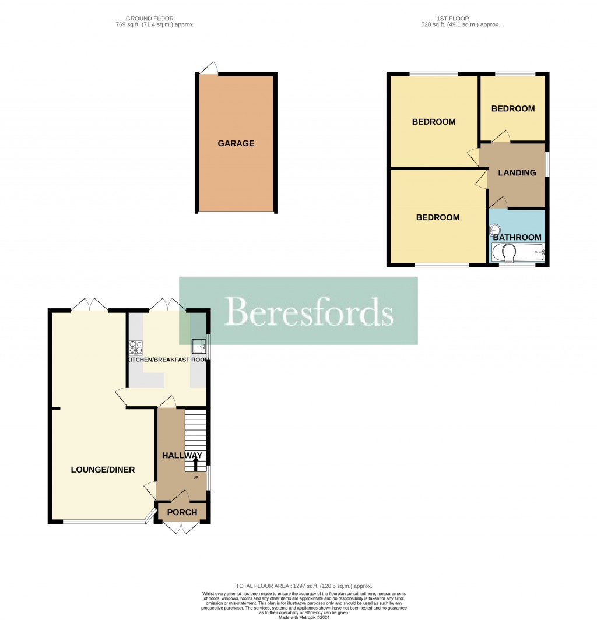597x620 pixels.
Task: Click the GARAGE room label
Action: [x=236, y=143]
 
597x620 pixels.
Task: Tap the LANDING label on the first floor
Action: [x=517, y=172]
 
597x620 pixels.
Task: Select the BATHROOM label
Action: [x=517, y=237]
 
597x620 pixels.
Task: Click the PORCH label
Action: [x=182, y=513]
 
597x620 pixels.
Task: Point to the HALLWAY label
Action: [x=182, y=455]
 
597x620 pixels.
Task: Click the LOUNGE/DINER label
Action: [x=103, y=470]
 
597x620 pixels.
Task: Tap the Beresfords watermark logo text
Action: [x=308, y=311]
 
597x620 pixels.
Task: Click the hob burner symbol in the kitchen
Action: [x=136, y=347]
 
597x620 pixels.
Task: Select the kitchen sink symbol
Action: [x=199, y=346]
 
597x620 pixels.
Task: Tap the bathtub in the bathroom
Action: [x=518, y=252]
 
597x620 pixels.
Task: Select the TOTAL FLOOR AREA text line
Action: [x=303, y=586]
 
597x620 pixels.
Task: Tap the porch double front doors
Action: [x=181, y=527]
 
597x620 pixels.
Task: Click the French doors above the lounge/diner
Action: [x=90, y=305]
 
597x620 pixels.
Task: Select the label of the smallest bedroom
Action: [x=512, y=109]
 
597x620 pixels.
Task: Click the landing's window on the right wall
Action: [x=546, y=164]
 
